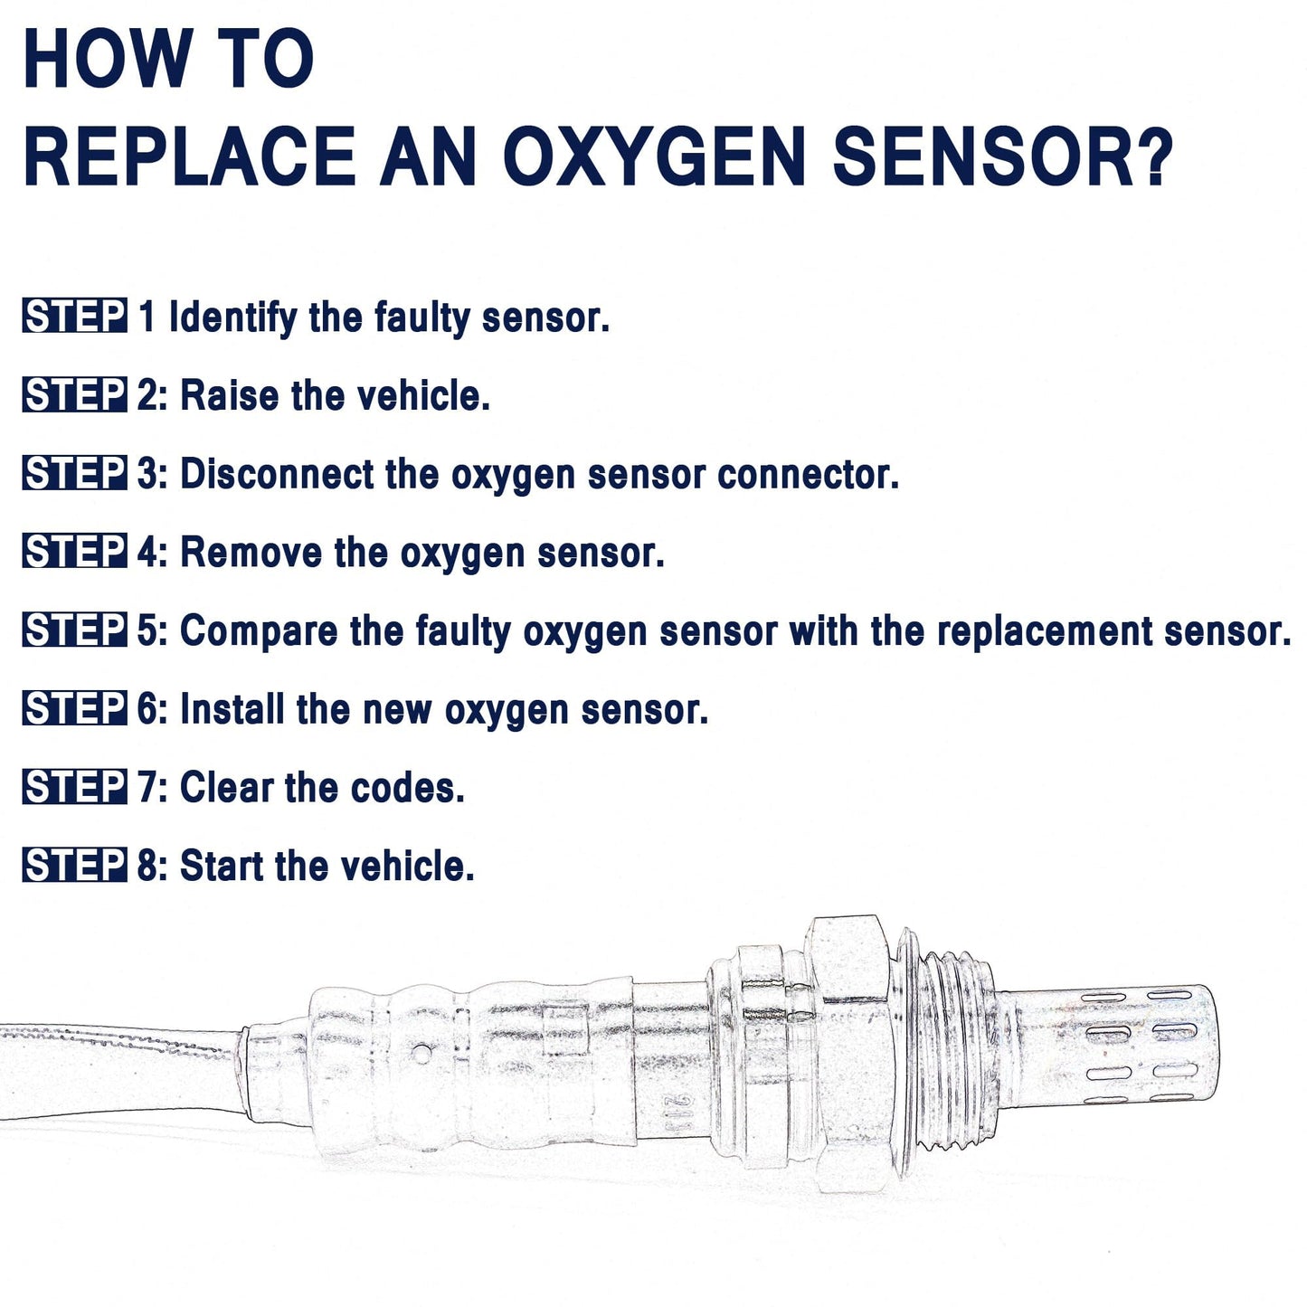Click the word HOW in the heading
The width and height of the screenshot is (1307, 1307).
104,60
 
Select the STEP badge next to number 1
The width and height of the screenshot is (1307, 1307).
74,317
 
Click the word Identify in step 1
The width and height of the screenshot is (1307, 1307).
232,318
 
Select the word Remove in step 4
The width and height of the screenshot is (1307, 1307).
251,553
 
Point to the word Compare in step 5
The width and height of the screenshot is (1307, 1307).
259,631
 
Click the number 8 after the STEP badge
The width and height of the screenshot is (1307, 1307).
147,867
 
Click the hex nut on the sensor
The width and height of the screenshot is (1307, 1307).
850,1049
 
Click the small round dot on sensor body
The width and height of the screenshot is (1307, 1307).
421,1052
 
